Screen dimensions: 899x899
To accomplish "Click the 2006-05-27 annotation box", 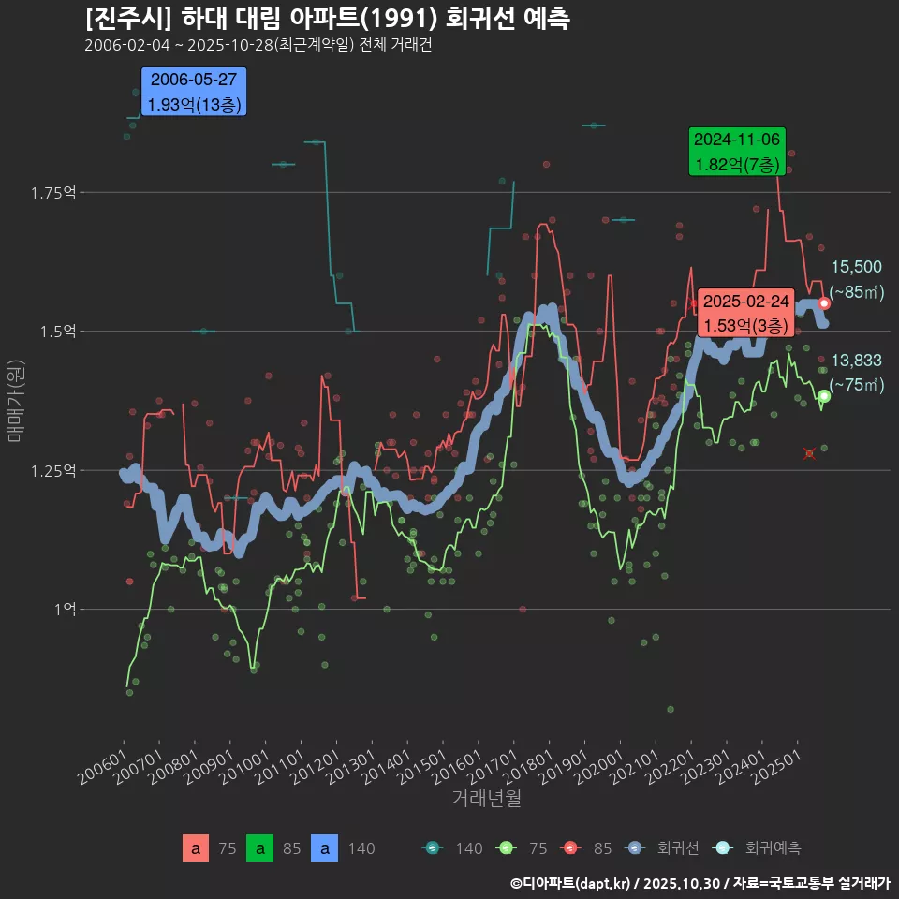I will pyautogui.click(x=193, y=92).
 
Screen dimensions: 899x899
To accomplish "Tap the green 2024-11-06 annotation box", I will pyautogui.click(x=736, y=152).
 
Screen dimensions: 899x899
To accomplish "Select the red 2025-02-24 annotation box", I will pyautogui.click(x=745, y=313).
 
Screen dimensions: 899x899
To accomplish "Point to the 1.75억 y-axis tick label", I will pyautogui.click(x=52, y=193).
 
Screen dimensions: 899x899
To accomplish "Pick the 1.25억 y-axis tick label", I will pyautogui.click(x=52, y=470).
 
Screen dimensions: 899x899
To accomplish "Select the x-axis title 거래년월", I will pyautogui.click(x=486, y=799).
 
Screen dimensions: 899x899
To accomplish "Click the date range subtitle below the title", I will pyautogui.click(x=258, y=46).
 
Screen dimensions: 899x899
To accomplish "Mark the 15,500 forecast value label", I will pyautogui.click(x=856, y=267).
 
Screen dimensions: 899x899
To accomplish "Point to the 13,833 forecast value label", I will pyautogui.click(x=856, y=361).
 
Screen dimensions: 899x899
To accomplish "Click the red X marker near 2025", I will pyautogui.click(x=809, y=453).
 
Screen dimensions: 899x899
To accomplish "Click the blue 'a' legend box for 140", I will pyautogui.click(x=324, y=848).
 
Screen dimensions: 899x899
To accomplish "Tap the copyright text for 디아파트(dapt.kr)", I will pyautogui.click(x=700, y=883).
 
